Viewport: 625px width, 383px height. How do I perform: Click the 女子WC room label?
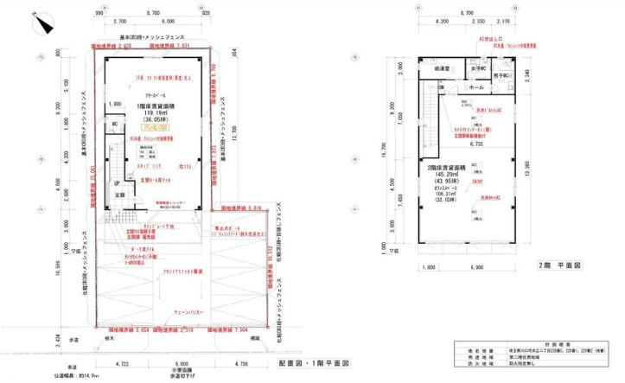click(x=478, y=67)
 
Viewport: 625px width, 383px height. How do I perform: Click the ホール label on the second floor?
click(x=476, y=87)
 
